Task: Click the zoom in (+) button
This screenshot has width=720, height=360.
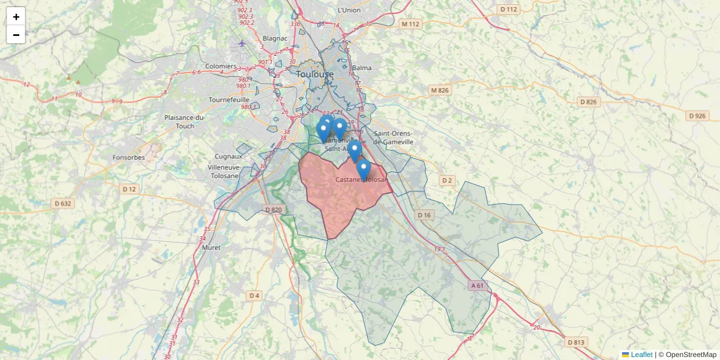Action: click(16, 16)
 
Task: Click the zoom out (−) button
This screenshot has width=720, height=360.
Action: click(16, 35)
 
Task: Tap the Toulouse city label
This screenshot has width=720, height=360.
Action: click(315, 74)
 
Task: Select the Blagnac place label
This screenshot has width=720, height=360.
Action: click(275, 38)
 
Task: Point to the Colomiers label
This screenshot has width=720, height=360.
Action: click(221, 66)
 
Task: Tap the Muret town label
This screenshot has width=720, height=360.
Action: click(211, 247)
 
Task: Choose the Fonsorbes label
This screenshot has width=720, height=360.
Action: click(128, 158)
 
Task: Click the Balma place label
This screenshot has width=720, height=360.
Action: click(362, 68)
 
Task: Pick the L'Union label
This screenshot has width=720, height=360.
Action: click(349, 10)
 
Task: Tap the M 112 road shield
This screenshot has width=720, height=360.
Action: click(411, 24)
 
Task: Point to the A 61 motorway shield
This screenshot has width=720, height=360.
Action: click(478, 286)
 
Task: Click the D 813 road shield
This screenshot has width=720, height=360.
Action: click(575, 342)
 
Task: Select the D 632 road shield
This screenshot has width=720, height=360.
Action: click(61, 203)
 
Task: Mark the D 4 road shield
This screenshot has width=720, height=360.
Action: click(254, 295)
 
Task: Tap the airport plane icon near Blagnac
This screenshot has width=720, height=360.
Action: click(242, 43)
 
